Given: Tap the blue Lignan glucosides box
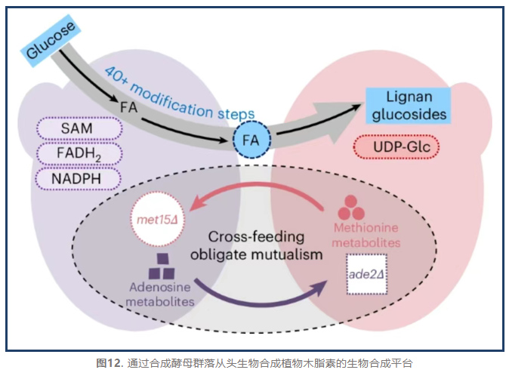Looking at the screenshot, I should point(409,106).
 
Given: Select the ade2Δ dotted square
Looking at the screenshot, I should point(366,273).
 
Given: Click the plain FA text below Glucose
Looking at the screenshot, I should point(129,106).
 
